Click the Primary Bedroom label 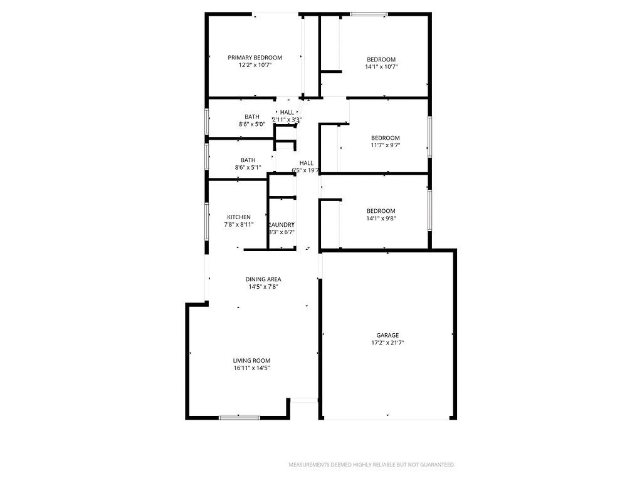click(x=255, y=58)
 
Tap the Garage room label click(x=387, y=336)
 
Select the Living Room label click(x=251, y=361)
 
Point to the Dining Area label click(x=263, y=279)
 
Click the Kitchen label click(x=239, y=217)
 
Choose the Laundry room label click(x=281, y=225)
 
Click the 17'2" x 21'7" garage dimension click(x=387, y=343)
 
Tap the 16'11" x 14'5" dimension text click(x=251, y=368)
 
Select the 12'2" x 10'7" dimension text click(x=255, y=65)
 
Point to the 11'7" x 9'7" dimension click(x=385, y=145)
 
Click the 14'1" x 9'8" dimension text click(x=381, y=219)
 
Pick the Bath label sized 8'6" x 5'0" click(x=252, y=116)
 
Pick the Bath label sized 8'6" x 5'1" click(x=248, y=160)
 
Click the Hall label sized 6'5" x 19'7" click(x=306, y=163)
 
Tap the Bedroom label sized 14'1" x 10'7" click(x=381, y=59)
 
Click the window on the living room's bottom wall click(x=239, y=417)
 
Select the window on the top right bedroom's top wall click(x=369, y=14)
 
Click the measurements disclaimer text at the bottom click(x=371, y=465)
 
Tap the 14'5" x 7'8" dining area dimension click(x=263, y=287)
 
